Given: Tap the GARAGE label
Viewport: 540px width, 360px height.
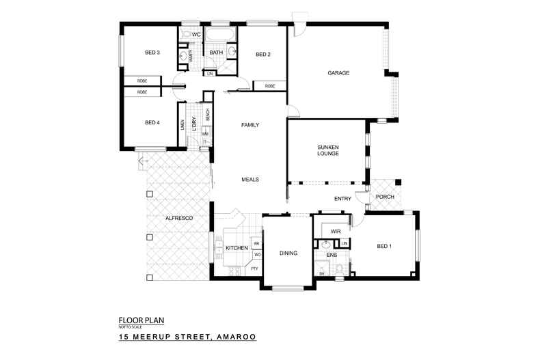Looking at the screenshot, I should click(x=338, y=72).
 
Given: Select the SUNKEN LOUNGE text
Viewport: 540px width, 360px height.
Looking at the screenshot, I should click(x=328, y=150).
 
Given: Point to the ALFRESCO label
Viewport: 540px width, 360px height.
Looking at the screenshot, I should click(x=178, y=217).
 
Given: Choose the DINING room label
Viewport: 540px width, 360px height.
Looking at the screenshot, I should click(x=288, y=253).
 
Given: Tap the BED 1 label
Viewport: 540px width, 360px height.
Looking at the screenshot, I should click(x=384, y=246).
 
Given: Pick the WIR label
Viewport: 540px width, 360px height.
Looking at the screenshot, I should click(x=335, y=232).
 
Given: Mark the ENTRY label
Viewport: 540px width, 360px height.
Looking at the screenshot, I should click(x=342, y=199).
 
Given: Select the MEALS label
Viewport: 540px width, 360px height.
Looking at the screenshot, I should click(x=250, y=180).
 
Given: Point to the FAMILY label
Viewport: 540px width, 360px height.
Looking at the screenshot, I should click(x=250, y=124).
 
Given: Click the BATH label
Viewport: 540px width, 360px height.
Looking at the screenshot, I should click(x=216, y=53).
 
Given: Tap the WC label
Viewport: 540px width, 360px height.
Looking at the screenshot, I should click(x=196, y=34).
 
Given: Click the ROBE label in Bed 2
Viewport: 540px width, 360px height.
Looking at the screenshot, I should click(x=270, y=86).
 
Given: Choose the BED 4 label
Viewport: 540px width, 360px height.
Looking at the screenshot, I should click(x=152, y=123).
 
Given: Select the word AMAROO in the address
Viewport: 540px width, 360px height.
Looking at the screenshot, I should click(x=234, y=337).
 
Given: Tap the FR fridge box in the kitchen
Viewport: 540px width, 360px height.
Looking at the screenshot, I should click(x=256, y=243).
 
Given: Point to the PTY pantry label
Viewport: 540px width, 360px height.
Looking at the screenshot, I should click(x=254, y=268).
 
